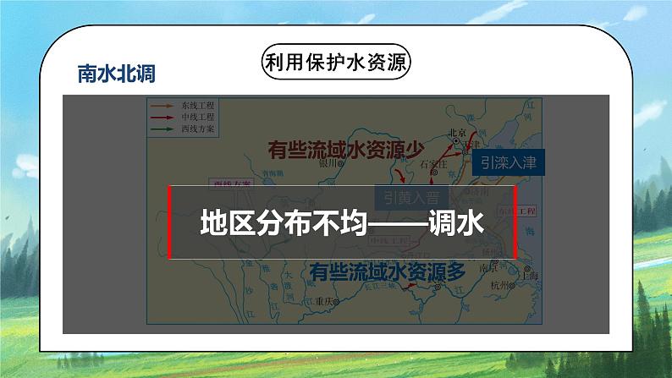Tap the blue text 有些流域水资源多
pos(388,272)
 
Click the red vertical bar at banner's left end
pos(171,222)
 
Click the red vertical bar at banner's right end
pos(517,222)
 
